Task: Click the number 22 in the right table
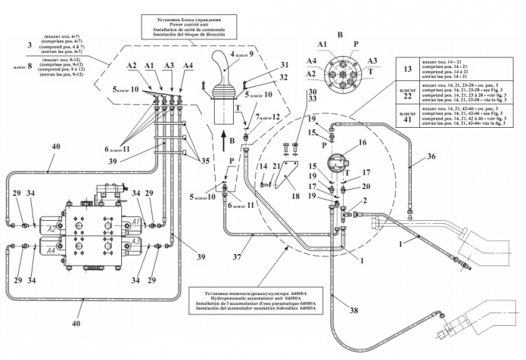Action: click(x=407, y=96)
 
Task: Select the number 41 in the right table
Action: click(x=407, y=122)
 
